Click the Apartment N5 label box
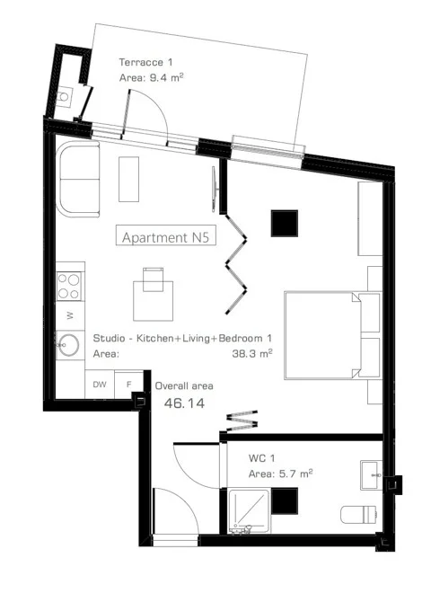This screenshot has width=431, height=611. [166, 235]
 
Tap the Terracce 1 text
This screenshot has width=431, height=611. [145, 62]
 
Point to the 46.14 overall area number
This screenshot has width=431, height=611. [184, 403]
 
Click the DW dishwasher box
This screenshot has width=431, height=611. [100, 385]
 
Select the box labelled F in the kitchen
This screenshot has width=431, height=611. [129, 385]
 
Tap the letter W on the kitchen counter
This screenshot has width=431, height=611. [70, 315]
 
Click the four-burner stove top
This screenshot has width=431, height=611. [69, 286]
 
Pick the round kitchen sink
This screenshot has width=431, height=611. [69, 345]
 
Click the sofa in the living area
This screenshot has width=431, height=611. [78, 179]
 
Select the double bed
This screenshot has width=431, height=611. [332, 335]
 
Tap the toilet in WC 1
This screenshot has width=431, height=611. [358, 515]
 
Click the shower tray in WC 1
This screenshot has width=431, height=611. [250, 511]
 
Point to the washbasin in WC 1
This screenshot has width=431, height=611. [372, 475]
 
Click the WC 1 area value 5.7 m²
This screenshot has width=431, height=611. [296, 474]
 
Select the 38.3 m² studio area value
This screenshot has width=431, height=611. [252, 353]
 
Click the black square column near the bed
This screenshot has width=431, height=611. [285, 223]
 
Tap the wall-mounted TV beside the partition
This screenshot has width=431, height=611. [214, 190]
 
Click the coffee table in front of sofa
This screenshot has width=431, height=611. [129, 179]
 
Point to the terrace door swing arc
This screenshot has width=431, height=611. [156, 109]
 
